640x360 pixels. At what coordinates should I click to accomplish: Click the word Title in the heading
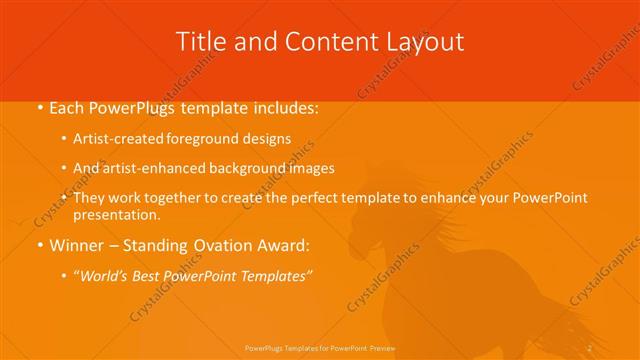tap(200, 42)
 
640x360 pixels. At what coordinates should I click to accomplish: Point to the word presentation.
tap(117, 215)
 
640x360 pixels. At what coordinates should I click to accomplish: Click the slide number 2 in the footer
tap(590, 346)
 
